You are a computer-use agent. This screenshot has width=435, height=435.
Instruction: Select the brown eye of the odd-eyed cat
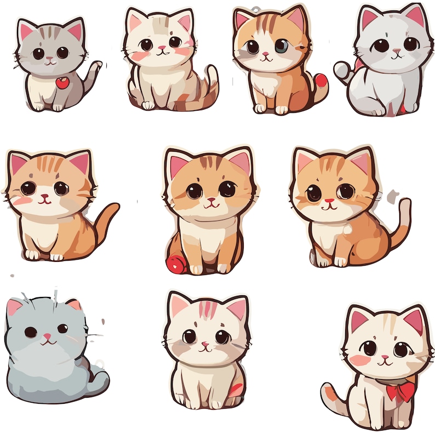(253, 47)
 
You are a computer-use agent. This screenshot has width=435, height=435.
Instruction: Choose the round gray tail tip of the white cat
(341, 68)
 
